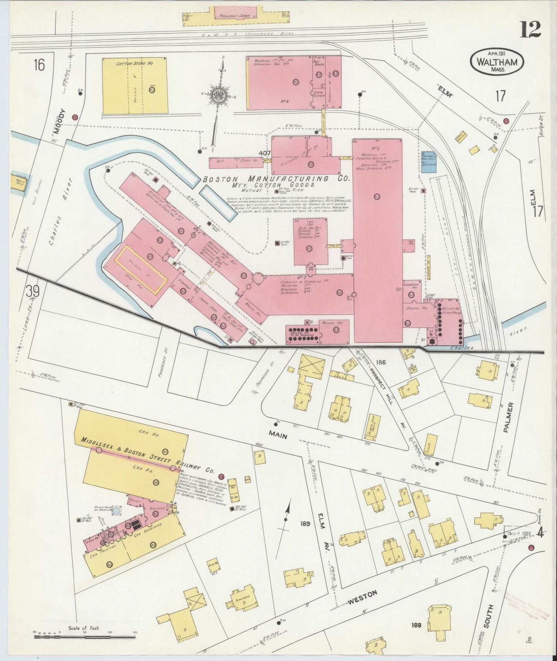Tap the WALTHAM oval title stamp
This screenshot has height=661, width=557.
click(x=497, y=62)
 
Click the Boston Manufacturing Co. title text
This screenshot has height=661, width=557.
click(x=276, y=179)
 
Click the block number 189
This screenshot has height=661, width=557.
click(x=306, y=524)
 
